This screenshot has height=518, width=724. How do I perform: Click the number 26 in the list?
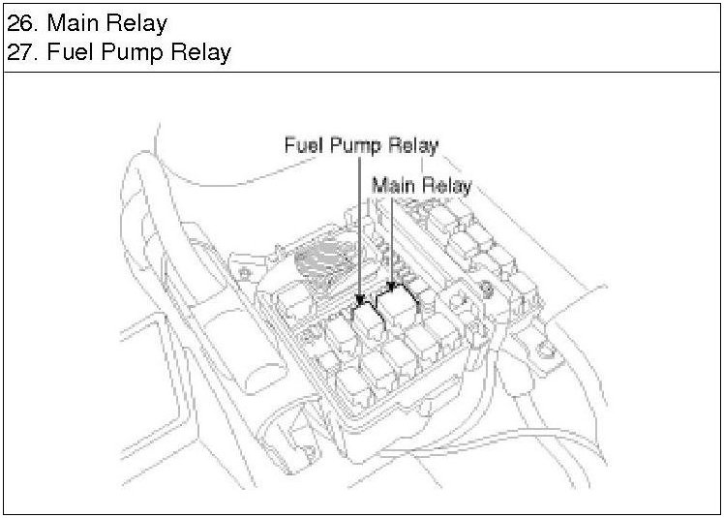21,23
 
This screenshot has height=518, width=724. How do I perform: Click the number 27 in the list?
21,51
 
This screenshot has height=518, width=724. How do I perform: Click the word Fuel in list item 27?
70,51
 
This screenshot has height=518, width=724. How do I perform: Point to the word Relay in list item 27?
200,53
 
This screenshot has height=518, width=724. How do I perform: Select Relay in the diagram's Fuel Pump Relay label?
412,146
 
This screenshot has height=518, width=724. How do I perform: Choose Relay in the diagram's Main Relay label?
446,187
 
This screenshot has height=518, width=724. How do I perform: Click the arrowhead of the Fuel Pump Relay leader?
360,301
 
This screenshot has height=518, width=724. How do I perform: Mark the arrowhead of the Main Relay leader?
392,287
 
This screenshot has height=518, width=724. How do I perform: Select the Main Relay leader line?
392,243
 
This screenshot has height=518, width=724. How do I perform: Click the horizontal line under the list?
362,72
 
